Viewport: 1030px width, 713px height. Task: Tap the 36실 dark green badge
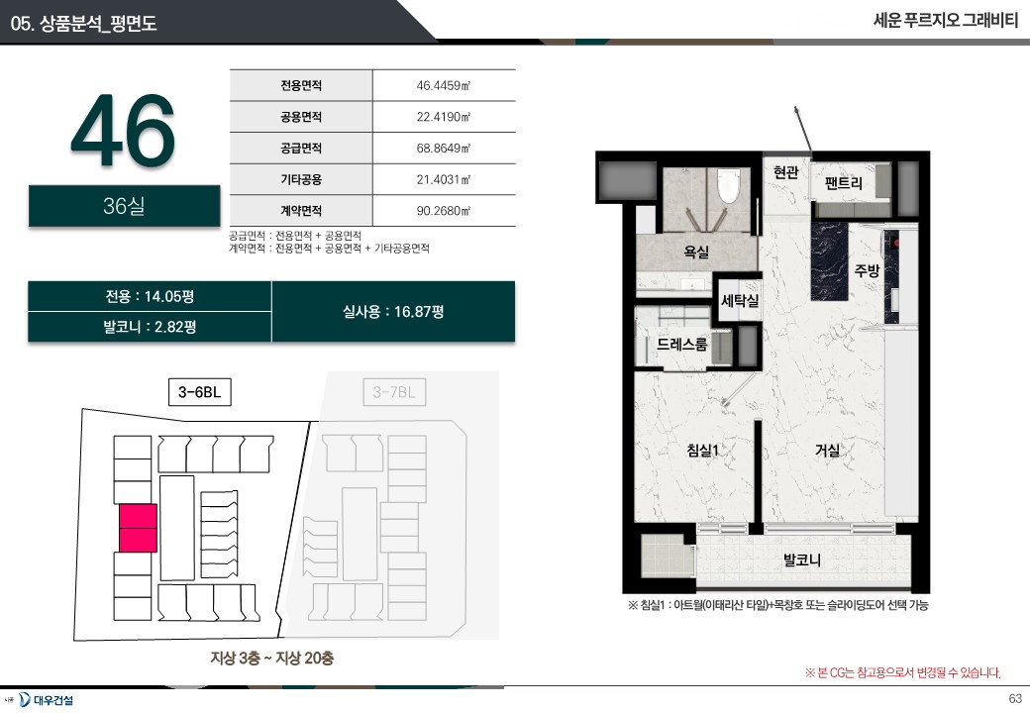(x=124, y=206)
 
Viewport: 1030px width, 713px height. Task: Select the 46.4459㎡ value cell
(x=444, y=85)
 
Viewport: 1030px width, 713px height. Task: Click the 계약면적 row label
(x=301, y=211)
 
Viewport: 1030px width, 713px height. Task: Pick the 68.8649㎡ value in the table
(x=444, y=148)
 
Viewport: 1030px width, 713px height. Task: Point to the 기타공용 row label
(x=301, y=179)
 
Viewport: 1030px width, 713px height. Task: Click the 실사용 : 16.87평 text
(x=393, y=311)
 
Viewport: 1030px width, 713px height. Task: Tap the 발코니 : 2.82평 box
(x=150, y=327)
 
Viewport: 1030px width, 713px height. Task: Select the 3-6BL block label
(x=200, y=392)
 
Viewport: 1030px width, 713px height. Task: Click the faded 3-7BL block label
(x=394, y=392)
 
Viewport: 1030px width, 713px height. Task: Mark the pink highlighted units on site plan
(x=138, y=528)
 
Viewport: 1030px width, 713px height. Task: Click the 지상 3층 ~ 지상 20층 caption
(x=272, y=658)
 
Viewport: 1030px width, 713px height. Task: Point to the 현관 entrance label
(x=785, y=172)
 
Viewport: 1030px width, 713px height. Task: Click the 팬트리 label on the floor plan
(x=843, y=182)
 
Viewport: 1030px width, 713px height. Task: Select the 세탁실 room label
(x=740, y=301)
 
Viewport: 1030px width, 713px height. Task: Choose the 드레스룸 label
(x=681, y=344)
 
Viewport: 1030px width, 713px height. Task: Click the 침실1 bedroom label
(x=702, y=450)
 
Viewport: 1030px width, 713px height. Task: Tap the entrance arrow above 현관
(x=803, y=129)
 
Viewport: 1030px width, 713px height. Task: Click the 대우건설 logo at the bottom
(x=46, y=700)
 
